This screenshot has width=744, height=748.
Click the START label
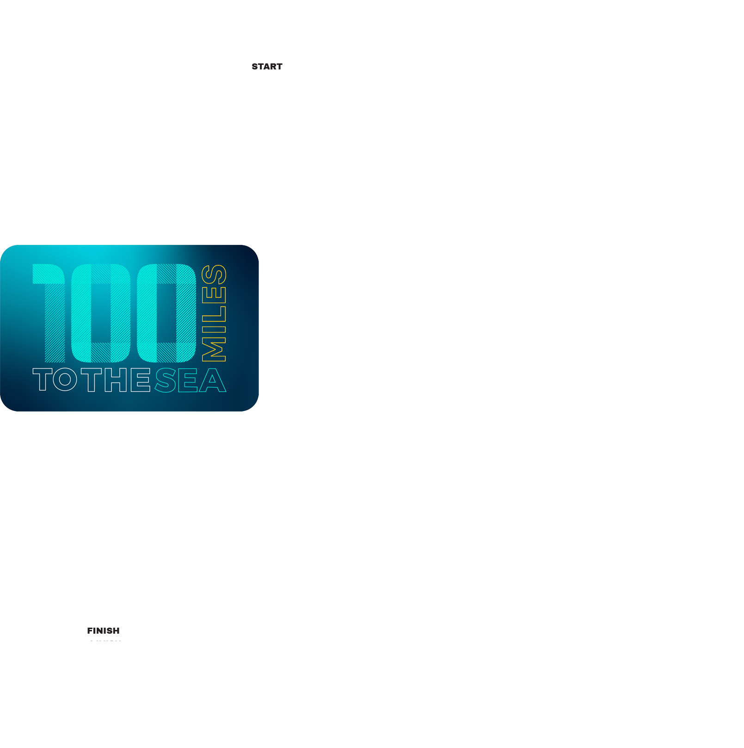[x=267, y=67]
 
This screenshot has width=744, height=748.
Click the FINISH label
[x=103, y=631]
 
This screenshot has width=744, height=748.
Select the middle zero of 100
[x=101, y=313]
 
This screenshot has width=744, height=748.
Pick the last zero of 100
[x=166, y=313]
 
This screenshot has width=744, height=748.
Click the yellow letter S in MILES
[x=214, y=274]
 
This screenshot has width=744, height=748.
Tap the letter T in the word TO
[x=42, y=380]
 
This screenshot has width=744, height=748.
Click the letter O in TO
[x=65, y=380]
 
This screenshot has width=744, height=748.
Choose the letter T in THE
[x=91, y=380]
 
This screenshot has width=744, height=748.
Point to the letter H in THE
[x=116, y=380]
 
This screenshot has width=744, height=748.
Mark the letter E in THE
[x=141, y=380]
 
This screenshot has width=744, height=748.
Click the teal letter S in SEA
[x=166, y=380]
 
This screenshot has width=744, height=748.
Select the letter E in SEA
[x=188, y=380]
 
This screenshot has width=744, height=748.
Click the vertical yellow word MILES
[x=214, y=313]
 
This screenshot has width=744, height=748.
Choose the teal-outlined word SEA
[x=190, y=380]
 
